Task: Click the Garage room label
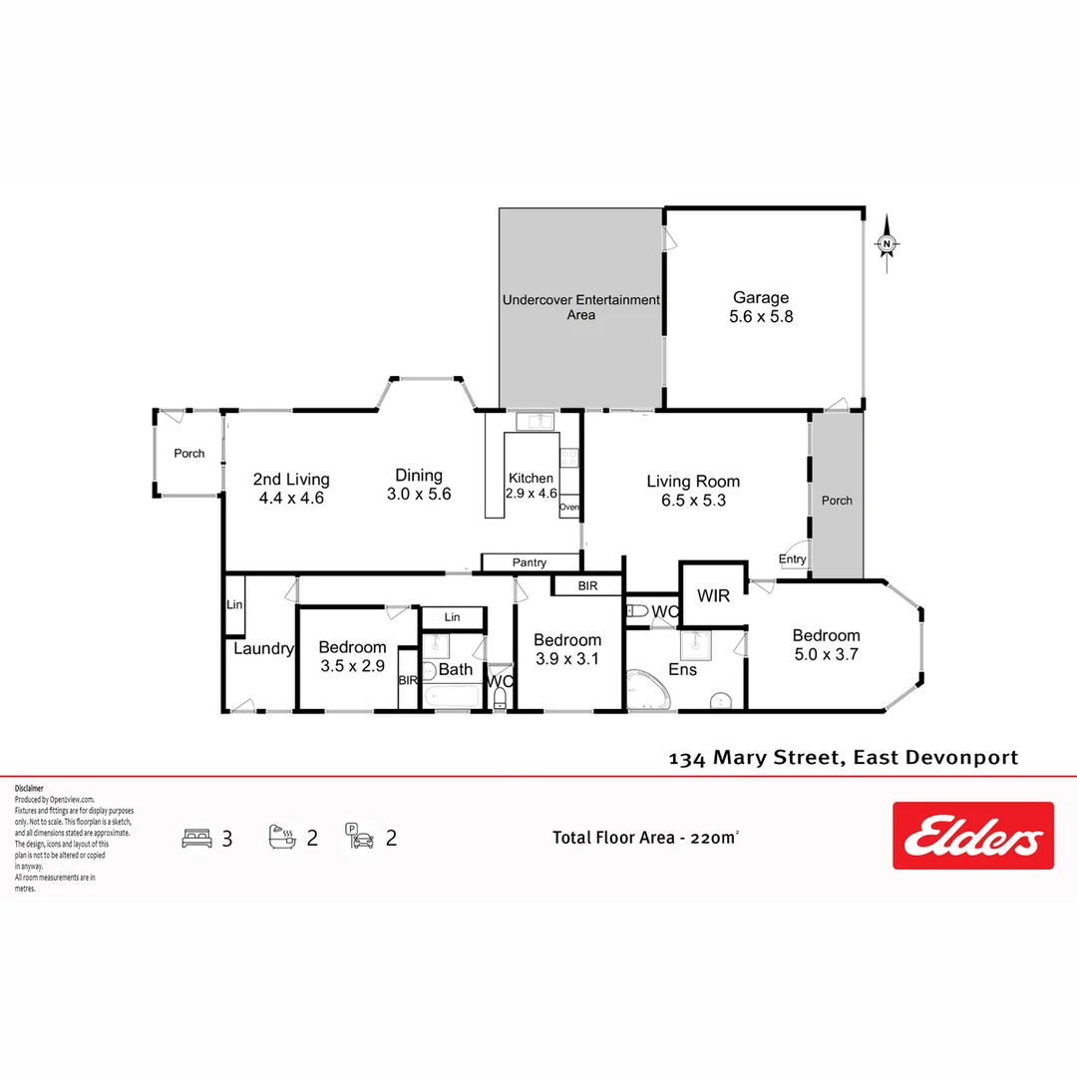pos(761,307)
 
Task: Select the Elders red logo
pos(972,836)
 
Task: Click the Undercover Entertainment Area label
pos(581,307)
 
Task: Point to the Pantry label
pos(530,563)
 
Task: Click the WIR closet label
pos(713,596)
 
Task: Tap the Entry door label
pos(793,559)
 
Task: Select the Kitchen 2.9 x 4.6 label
pos(531,486)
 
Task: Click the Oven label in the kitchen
pos(568,508)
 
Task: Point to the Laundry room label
pos(263,649)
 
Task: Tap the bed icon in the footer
pos(197,838)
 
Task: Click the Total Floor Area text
pos(646,838)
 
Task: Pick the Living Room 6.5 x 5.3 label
pos(693,491)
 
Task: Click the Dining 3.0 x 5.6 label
pos(419,485)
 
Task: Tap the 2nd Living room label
pos(291,489)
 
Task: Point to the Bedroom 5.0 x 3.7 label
pos(826,645)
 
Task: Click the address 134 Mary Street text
pos(843,758)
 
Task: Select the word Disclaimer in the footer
pos(29,788)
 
